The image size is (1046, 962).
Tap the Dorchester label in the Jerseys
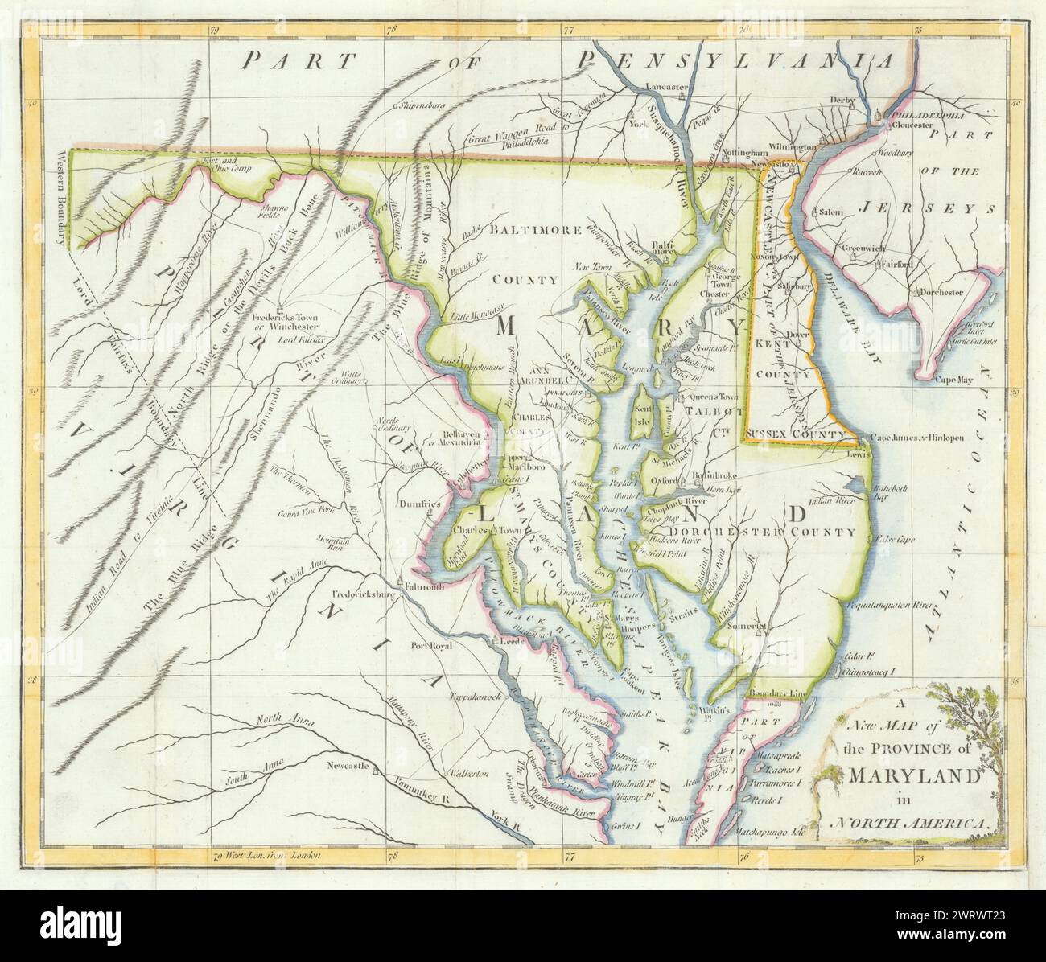point(940,293)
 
